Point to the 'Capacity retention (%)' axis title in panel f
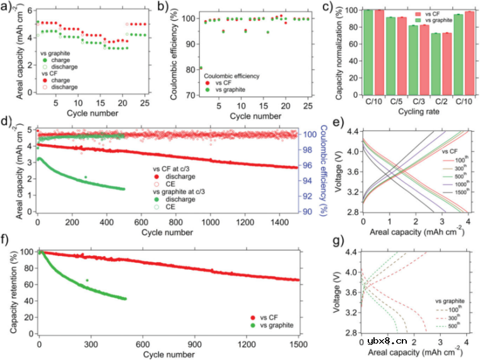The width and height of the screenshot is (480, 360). [13, 291]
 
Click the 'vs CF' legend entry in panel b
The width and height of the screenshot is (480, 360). [221, 83]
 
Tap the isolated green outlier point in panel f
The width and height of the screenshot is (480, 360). [86, 280]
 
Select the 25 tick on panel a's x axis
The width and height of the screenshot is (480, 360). [144, 103]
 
